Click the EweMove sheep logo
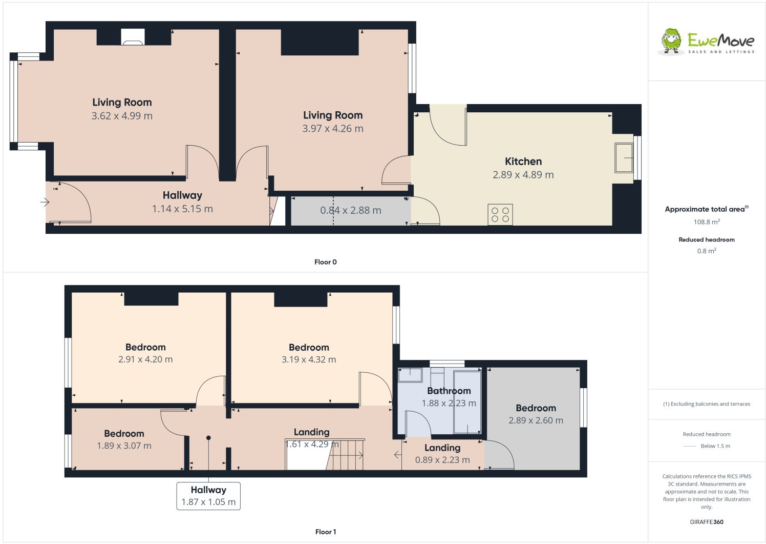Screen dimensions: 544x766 tap(671, 41)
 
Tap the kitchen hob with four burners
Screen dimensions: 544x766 tap(500, 214)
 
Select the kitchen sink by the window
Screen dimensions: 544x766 tap(624, 158)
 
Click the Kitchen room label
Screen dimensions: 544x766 tap(523, 162)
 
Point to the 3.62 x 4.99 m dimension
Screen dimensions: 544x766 tap(122, 116)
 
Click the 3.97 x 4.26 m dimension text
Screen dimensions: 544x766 tap(332, 129)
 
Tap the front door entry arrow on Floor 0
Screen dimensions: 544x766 tap(45, 202)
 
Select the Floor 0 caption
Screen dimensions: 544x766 tap(325, 262)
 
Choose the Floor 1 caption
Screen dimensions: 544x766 tap(325, 532)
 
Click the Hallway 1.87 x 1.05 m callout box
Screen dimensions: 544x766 tap(208, 496)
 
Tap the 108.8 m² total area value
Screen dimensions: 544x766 tap(706, 222)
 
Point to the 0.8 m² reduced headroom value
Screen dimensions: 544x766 tap(706, 251)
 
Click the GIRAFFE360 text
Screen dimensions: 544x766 tap(706, 522)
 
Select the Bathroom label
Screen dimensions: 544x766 tap(449, 391)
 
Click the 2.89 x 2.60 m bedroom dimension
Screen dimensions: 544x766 tap(536, 420)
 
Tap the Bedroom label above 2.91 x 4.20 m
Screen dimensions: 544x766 tap(145, 347)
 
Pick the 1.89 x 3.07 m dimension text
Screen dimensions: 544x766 tap(124, 446)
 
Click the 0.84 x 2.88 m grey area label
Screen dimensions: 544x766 tap(350, 210)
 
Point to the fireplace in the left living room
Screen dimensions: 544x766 tap(133, 37)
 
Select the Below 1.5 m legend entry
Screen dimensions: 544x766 tap(715, 446)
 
